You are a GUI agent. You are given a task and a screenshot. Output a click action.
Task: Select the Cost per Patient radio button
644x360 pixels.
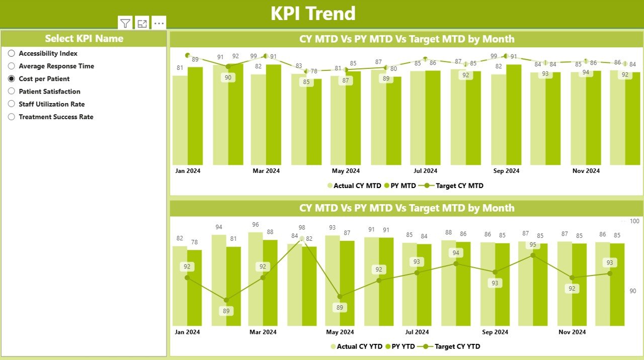click(12, 79)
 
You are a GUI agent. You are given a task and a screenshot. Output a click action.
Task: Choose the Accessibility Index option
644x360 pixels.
click(12, 53)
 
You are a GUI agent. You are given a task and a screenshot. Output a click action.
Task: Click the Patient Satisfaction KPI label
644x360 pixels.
click(49, 92)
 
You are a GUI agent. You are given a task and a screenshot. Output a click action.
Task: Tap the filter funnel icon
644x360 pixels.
click(125, 23)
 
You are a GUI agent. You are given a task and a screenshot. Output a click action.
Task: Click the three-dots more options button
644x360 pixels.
click(159, 23)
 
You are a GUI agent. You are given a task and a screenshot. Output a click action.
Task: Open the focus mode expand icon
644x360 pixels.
click(142, 23)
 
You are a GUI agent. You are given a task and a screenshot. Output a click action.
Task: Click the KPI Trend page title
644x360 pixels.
click(313, 14)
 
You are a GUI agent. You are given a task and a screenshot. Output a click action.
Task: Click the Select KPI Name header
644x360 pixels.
click(84, 39)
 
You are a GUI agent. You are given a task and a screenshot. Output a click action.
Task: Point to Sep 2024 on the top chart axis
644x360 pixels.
click(506, 171)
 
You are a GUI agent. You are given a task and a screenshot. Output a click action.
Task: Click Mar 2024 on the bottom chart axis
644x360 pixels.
click(263, 332)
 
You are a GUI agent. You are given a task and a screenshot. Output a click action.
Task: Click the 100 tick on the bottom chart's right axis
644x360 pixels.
click(634, 221)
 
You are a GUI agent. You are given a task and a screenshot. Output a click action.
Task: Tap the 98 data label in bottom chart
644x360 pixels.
click(302, 228)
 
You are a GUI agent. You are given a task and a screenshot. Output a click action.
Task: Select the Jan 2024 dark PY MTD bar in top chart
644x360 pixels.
click(195, 116)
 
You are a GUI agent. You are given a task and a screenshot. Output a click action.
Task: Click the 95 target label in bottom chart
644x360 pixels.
click(533, 245)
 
